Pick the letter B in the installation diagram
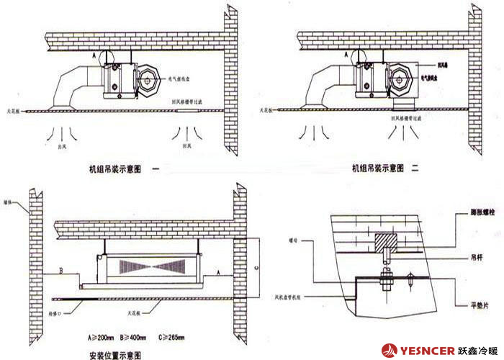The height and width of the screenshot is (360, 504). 63,271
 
